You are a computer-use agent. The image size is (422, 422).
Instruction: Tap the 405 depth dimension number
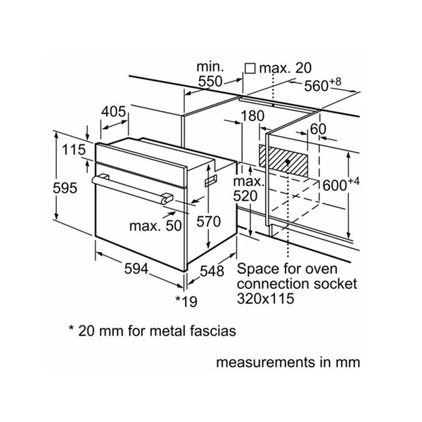tap(113, 111)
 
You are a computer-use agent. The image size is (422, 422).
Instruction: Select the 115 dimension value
tap(72, 150)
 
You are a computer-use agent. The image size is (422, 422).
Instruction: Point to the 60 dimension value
tap(319, 129)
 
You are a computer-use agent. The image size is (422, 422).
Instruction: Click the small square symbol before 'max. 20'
tap(249, 68)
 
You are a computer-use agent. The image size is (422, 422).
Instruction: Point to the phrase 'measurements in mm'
tap(290, 364)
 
